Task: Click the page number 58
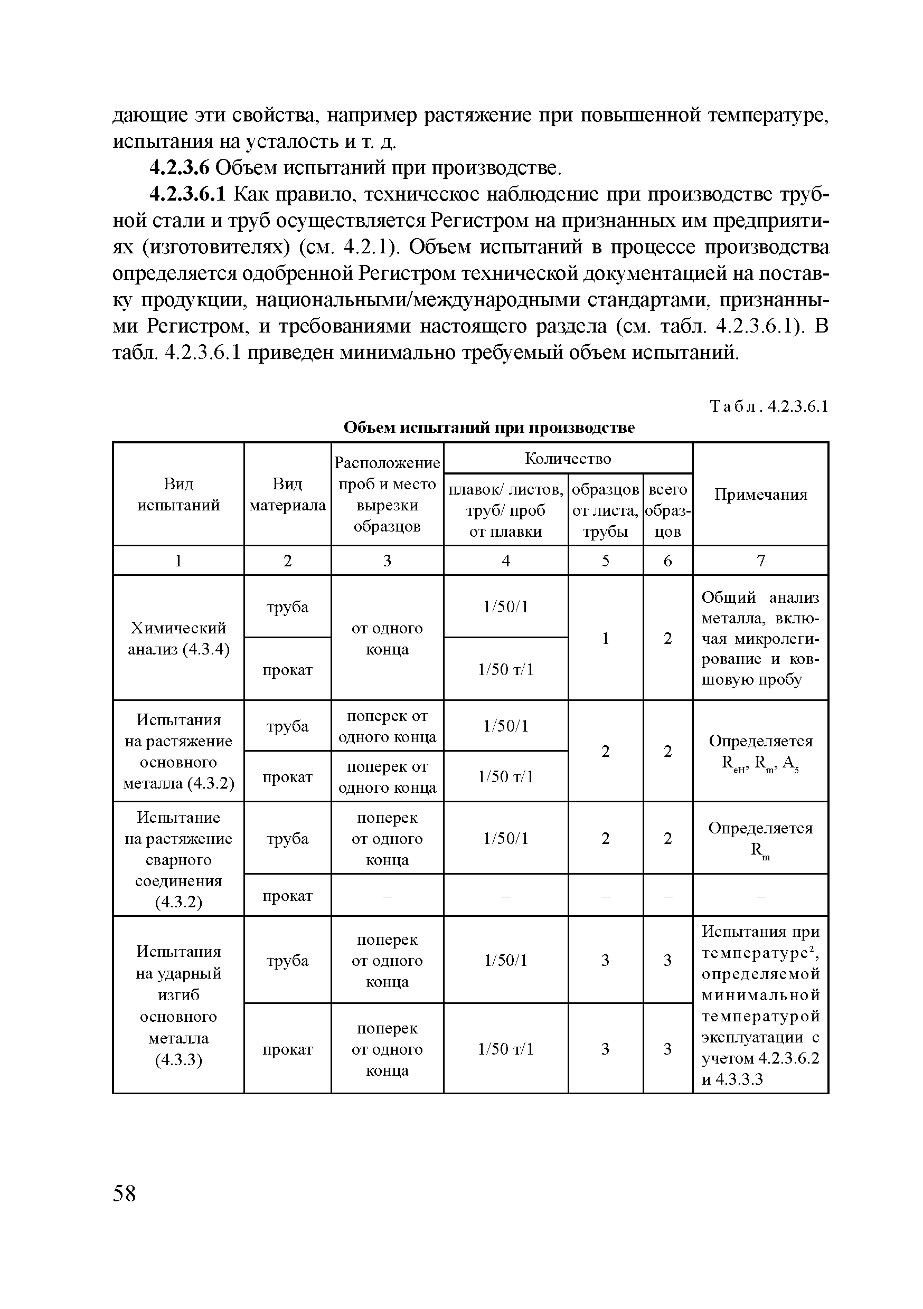[125, 1193]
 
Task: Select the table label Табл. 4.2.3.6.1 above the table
[768, 406]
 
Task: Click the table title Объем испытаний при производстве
[489, 427]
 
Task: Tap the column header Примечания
[760, 494]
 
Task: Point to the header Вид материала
[287, 494]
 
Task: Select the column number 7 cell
[760, 561]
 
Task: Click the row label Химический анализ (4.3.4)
[178, 638]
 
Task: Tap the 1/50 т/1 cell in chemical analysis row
[505, 669]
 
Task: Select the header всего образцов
[667, 510]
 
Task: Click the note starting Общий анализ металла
[760, 638]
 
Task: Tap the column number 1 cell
[178, 561]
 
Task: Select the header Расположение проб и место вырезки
[387, 494]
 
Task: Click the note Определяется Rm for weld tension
[760, 838]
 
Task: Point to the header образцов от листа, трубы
[605, 510]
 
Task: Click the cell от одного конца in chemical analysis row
[387, 638]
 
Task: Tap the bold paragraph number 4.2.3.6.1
[189, 194]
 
